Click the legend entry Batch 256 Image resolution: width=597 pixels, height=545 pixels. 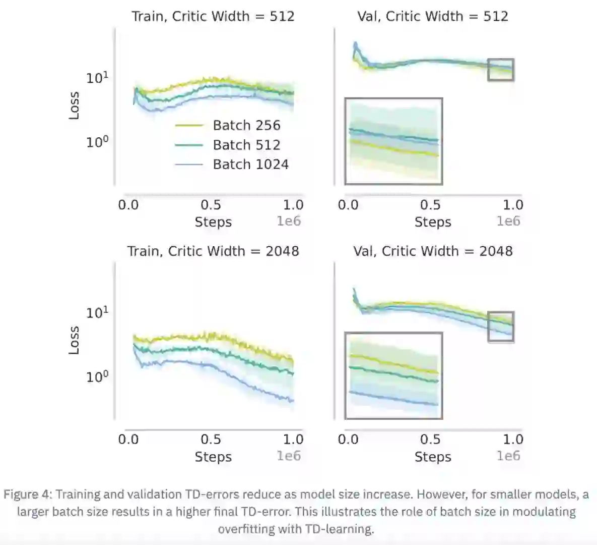click(246, 125)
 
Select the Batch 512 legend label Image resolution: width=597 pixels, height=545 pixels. click(246, 145)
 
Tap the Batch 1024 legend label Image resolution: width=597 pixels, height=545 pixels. click(250, 165)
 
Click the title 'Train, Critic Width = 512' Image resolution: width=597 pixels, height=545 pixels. click(213, 16)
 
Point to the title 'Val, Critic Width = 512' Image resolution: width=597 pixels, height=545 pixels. click(433, 16)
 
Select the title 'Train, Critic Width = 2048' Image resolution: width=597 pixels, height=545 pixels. click(213, 251)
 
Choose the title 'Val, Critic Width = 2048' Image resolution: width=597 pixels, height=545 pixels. click(433, 251)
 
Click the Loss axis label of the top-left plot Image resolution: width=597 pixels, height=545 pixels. click(74, 105)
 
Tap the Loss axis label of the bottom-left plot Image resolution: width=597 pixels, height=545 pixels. click(74, 340)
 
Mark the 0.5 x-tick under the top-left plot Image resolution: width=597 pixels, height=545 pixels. click(211, 205)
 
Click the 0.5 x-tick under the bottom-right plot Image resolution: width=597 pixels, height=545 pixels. click(430, 440)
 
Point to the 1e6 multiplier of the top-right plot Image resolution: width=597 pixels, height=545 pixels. click(508, 221)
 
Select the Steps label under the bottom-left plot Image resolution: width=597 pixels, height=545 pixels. click(213, 457)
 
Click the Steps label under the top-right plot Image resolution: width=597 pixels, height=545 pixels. click(433, 222)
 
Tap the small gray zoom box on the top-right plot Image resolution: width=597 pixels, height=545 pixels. click(501, 70)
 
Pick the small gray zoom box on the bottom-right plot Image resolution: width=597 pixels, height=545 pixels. click(501, 327)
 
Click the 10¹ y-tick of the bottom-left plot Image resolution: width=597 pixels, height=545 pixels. click(97, 313)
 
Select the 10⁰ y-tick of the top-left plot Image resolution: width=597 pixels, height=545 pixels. click(97, 142)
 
